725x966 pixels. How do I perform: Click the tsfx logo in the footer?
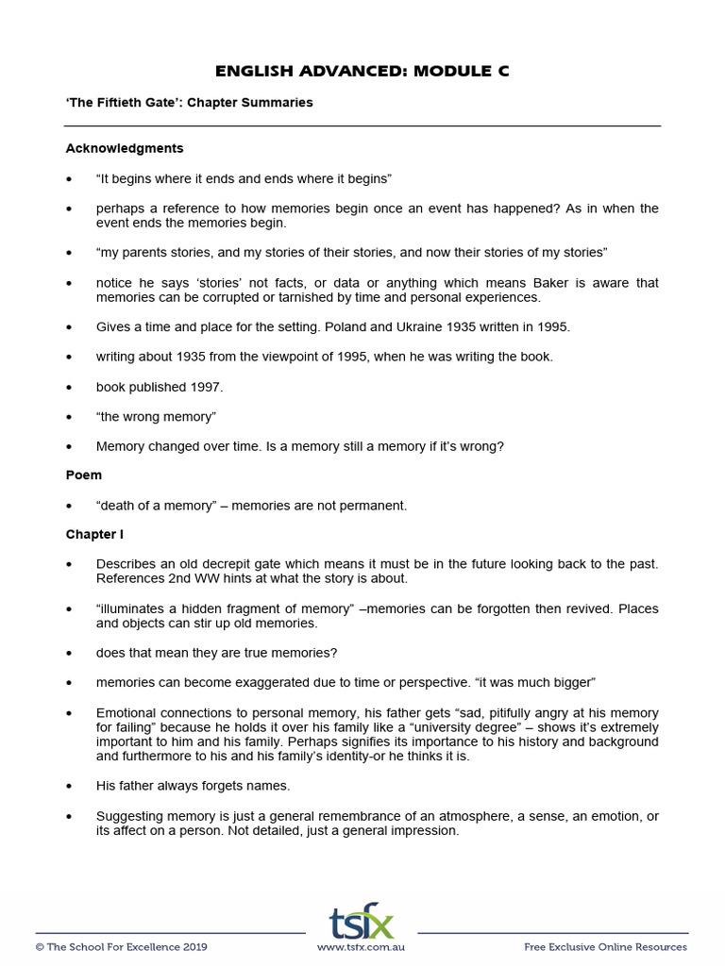(362, 921)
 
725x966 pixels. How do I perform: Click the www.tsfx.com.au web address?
(362, 946)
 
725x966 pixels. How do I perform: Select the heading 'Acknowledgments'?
(125, 148)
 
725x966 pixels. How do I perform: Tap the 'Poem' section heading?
(84, 475)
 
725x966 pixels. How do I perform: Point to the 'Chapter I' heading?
(94, 534)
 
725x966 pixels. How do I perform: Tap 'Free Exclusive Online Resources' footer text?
(605, 946)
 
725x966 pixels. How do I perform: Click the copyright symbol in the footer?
(40, 946)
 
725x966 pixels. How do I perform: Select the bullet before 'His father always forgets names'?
(69, 785)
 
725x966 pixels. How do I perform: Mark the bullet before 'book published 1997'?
(69, 387)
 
